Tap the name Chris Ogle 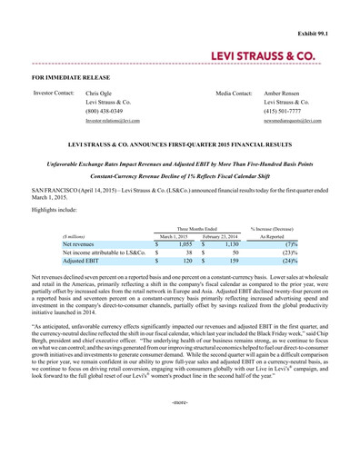[99, 93]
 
